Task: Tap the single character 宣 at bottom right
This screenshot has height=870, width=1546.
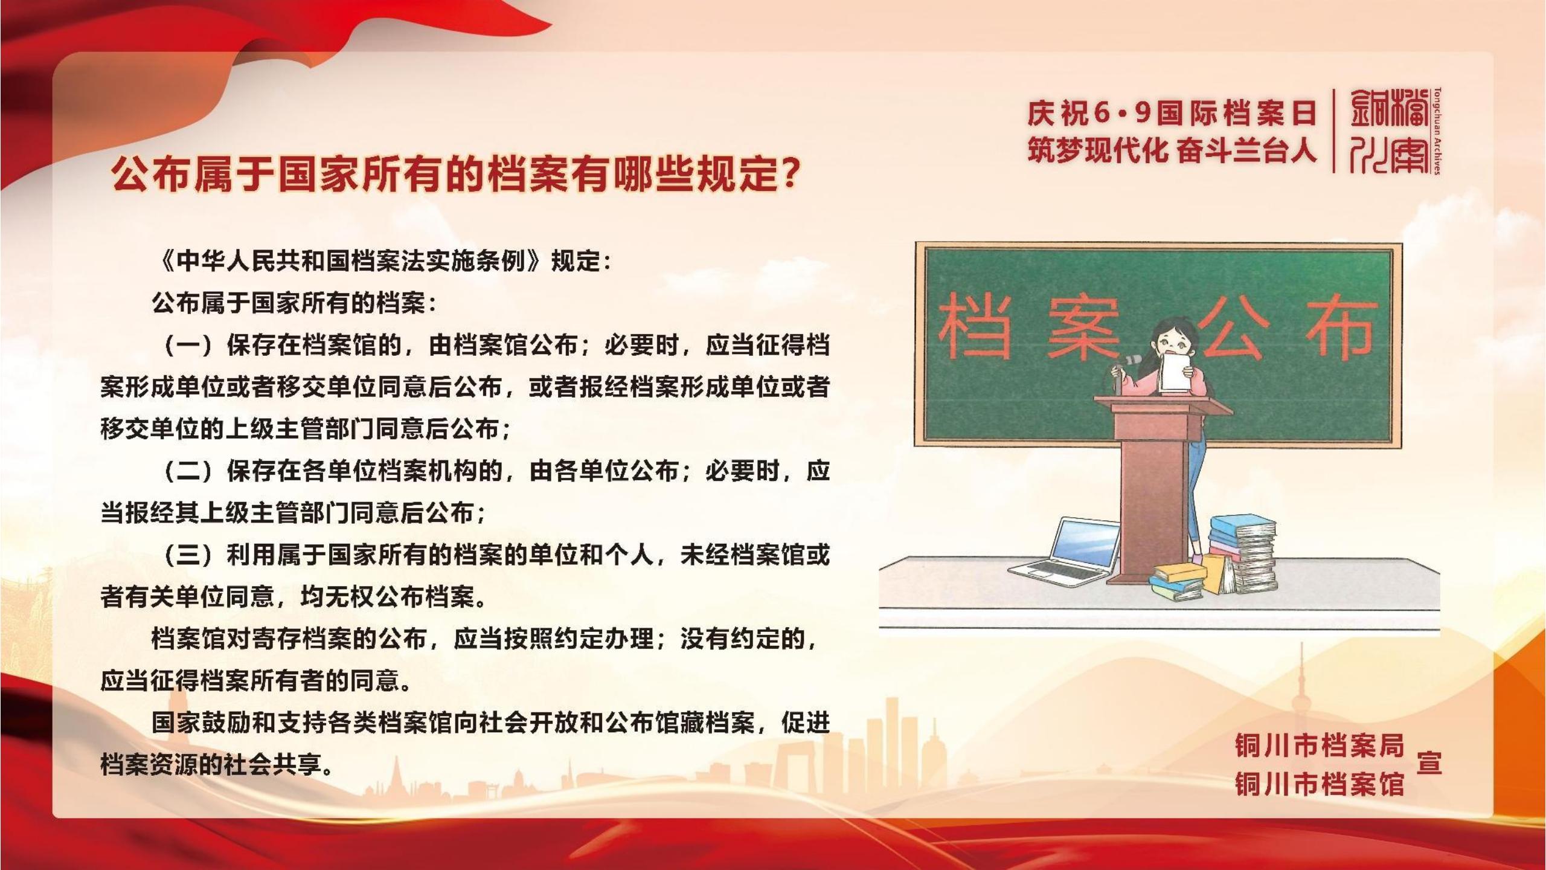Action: click(1429, 763)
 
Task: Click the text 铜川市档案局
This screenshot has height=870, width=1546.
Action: click(1320, 746)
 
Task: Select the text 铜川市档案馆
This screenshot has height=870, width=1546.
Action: click(1320, 784)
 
